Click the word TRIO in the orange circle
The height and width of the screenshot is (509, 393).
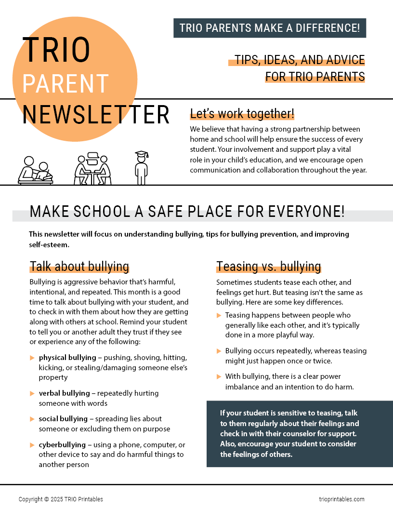pos(56,50)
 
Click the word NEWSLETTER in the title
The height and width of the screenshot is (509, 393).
pos(96,115)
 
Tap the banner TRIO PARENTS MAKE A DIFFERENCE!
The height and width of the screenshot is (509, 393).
pos(270,28)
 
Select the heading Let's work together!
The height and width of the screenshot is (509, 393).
pos(242,114)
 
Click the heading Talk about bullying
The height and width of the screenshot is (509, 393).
pos(79,267)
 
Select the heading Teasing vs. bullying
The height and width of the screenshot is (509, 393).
pos(268,267)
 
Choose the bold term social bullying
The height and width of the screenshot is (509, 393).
pos(63,419)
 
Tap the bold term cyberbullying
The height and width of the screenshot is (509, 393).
pos(62,444)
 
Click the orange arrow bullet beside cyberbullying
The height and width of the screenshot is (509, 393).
pos(32,444)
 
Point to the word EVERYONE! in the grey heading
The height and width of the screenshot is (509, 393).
pos(303,212)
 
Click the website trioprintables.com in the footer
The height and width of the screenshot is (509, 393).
pos(341,499)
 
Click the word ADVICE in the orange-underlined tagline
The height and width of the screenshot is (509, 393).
pos(343,60)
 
